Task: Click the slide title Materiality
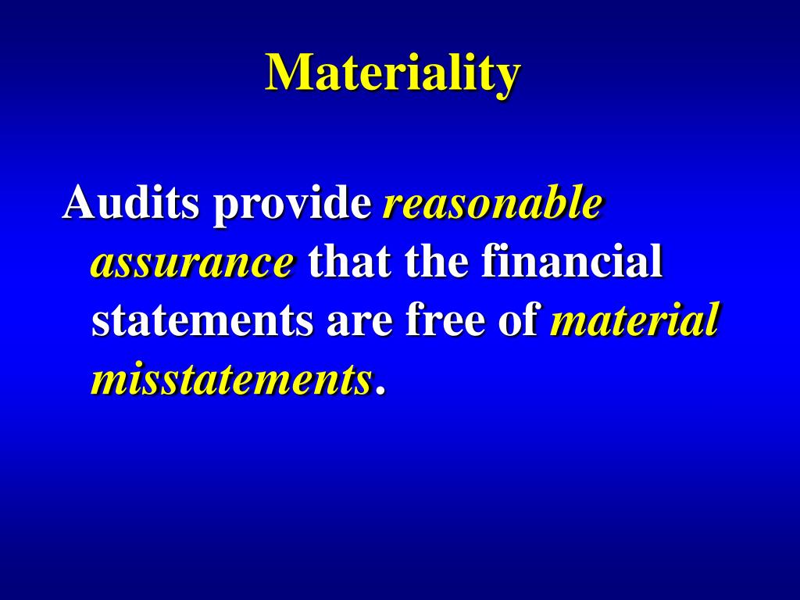(392, 73)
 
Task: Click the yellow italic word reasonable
(492, 204)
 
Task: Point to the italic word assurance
(193, 263)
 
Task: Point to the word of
(521, 322)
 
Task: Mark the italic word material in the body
(634, 322)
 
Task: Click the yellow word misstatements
(231, 380)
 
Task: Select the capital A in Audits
(80, 204)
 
